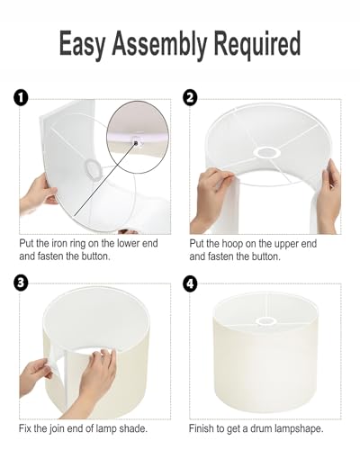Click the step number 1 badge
coord(21,98)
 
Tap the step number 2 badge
coord(190,97)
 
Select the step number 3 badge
coord(21,283)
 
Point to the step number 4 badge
coord(191,284)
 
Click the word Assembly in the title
coord(159,44)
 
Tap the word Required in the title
coord(257,44)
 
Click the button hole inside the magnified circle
coord(136,143)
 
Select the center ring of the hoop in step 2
coord(266,152)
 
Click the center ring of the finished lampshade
coord(266,321)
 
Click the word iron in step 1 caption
coord(58,243)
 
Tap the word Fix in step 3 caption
coord(25,428)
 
